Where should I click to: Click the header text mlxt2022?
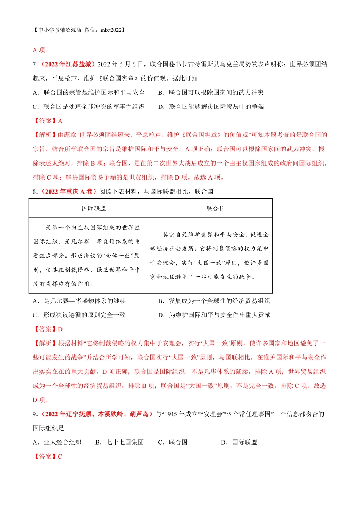pyautogui.click(x=112, y=30)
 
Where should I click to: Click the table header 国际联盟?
pyautogui.click(x=94, y=208)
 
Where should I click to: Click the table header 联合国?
pyautogui.click(x=215, y=208)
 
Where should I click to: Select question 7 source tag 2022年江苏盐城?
pyautogui.click(x=68, y=64)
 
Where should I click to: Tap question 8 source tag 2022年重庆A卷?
pyautogui.click(x=69, y=191)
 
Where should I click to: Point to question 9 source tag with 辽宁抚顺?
pyautogui.click(x=97, y=414)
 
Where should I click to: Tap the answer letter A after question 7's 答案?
pyautogui.click(x=60, y=121)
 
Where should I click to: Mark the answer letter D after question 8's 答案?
pyautogui.click(x=60, y=329)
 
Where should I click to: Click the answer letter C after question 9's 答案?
pyautogui.click(x=60, y=456)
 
